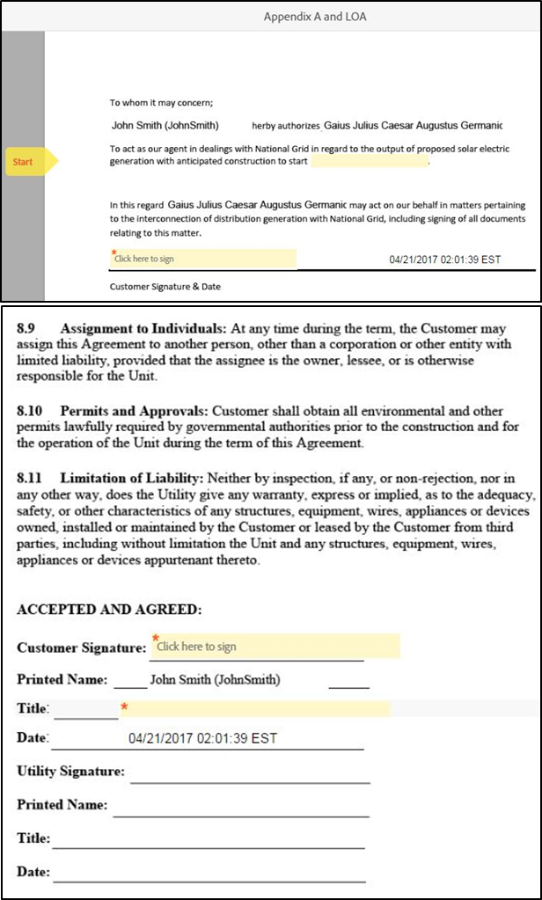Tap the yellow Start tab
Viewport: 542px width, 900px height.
tap(27, 162)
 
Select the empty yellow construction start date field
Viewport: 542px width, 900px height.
tap(369, 162)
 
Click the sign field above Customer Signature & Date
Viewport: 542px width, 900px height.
tap(203, 259)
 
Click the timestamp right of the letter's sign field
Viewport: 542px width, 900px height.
tap(444, 260)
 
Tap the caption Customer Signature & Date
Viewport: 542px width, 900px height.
tap(165, 287)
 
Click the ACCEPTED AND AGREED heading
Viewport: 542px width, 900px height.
tap(109, 609)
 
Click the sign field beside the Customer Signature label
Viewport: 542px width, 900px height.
tap(275, 647)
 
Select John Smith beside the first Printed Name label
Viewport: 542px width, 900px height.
tap(215, 680)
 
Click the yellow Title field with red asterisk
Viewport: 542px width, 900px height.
tap(255, 709)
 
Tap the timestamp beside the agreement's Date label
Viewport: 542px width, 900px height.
tap(202, 739)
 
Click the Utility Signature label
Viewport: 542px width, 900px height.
tap(71, 772)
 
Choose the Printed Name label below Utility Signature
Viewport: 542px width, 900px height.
tap(62, 805)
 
